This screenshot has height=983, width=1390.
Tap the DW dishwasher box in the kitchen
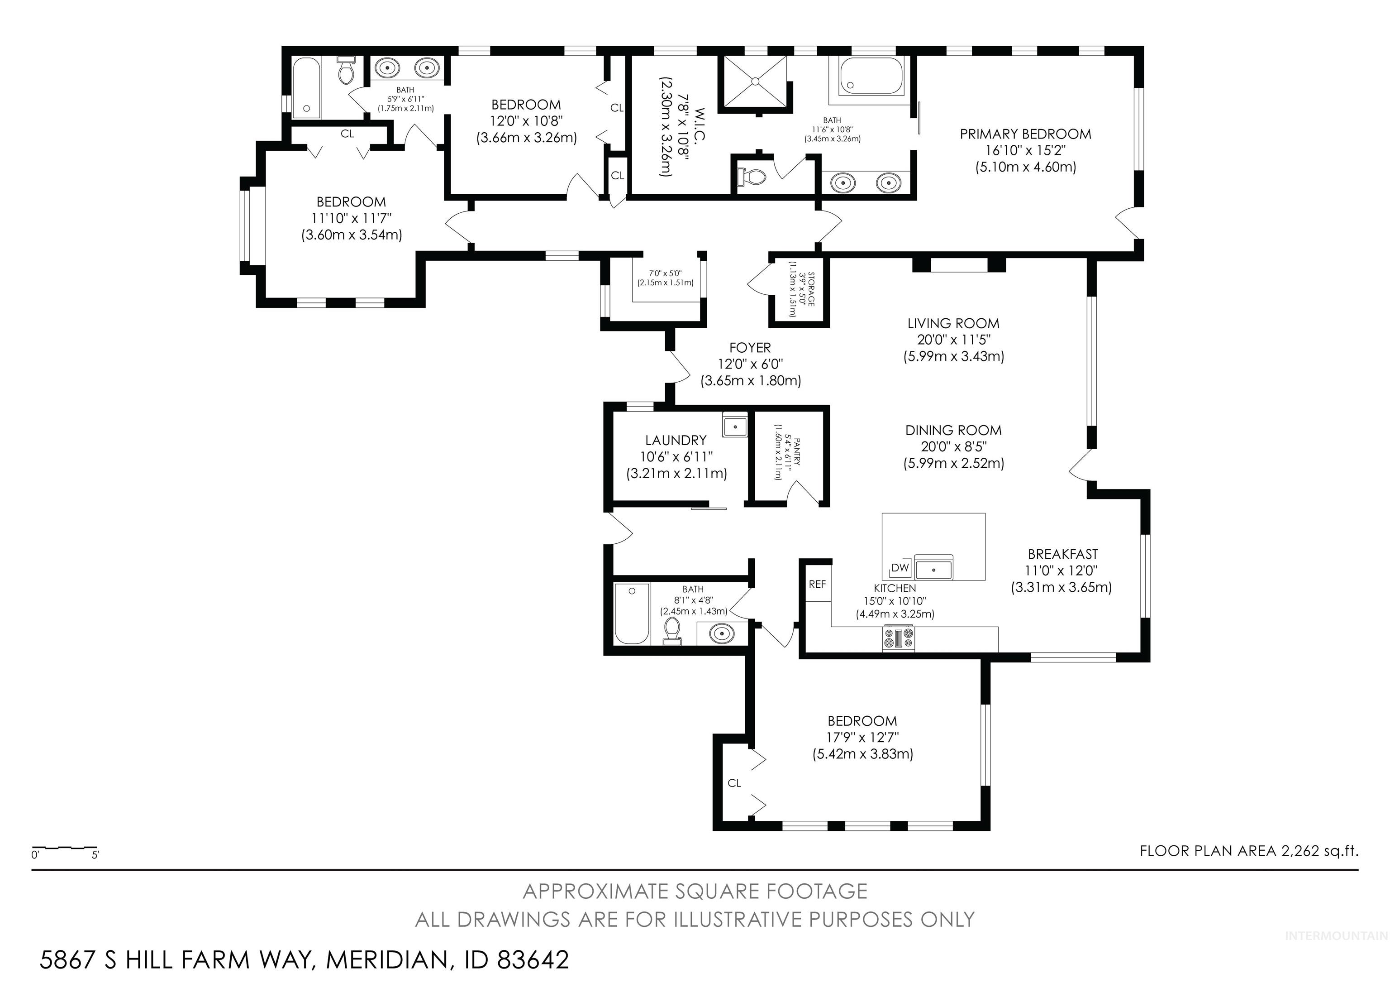click(x=900, y=567)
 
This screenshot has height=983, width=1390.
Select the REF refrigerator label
click(x=817, y=585)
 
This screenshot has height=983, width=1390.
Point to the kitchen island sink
click(x=933, y=569)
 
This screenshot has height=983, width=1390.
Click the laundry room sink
click(x=734, y=426)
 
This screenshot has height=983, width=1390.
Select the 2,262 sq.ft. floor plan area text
click(x=1319, y=851)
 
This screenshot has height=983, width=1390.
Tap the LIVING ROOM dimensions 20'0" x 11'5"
click(x=953, y=340)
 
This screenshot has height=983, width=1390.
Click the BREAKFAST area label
click(x=1062, y=554)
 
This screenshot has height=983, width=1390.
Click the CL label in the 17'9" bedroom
click(x=734, y=783)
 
